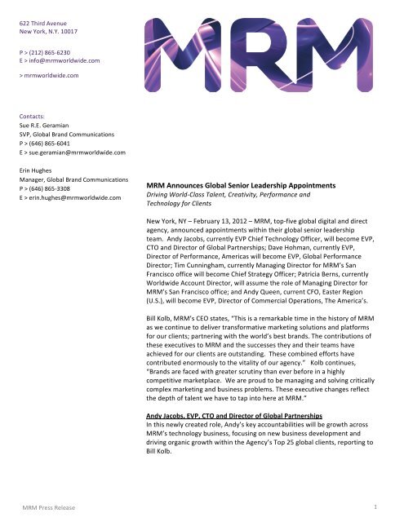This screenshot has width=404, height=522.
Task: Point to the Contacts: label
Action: point(33,117)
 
